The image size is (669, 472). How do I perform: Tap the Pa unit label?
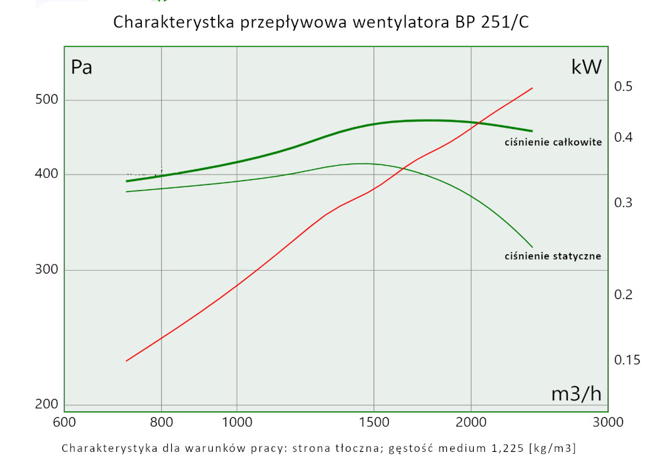82,67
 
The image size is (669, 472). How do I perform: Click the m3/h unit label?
576,394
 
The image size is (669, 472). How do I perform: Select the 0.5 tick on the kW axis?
624,87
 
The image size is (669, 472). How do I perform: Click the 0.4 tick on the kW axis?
624,138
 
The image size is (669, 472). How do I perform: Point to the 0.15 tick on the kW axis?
627,360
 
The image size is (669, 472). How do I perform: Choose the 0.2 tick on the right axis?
624,295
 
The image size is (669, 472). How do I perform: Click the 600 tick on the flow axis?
64,422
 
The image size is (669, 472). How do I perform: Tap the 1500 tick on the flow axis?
373,422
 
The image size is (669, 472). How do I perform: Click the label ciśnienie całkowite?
553,142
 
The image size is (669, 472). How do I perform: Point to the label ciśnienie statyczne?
553,255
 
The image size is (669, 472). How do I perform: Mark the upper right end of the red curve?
533,88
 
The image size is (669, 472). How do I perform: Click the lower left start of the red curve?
126,361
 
